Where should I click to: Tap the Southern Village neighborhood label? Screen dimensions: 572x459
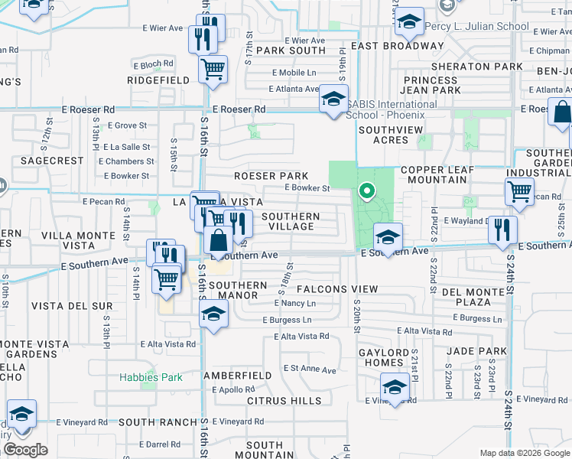291,221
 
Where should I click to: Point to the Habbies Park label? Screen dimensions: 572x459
151,377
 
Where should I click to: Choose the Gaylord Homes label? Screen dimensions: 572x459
373,356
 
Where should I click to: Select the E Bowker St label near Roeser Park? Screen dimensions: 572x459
307,187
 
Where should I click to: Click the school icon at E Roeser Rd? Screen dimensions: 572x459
333,99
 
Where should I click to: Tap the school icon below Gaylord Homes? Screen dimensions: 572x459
395,388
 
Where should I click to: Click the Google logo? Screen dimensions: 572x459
25,450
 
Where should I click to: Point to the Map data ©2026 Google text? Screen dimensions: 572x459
525,453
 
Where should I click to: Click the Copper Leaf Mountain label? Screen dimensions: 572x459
444,174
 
